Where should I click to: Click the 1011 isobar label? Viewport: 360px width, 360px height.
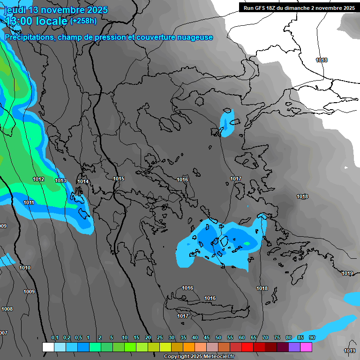(x=29, y=203)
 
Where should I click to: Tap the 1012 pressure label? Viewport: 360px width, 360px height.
(x=38, y=180)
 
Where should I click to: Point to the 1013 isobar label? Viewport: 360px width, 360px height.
(x=60, y=180)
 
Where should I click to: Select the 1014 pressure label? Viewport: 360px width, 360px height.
(x=83, y=182)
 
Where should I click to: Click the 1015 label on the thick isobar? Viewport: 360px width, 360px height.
(x=119, y=179)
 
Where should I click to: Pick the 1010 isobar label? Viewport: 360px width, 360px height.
(x=25, y=268)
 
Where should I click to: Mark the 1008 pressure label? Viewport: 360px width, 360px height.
(x=7, y=309)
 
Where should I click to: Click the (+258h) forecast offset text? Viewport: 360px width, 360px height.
(x=83, y=21)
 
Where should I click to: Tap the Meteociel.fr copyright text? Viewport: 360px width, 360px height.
(x=216, y=357)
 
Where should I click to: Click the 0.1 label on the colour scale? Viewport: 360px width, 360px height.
(x=55, y=338)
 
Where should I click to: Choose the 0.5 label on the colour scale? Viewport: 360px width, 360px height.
(x=78, y=338)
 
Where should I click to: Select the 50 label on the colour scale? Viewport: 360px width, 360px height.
(x=218, y=338)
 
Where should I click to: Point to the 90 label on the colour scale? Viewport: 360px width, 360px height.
(x=312, y=338)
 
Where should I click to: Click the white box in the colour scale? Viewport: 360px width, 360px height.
(x=48, y=347)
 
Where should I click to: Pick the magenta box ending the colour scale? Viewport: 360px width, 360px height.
(x=306, y=347)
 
